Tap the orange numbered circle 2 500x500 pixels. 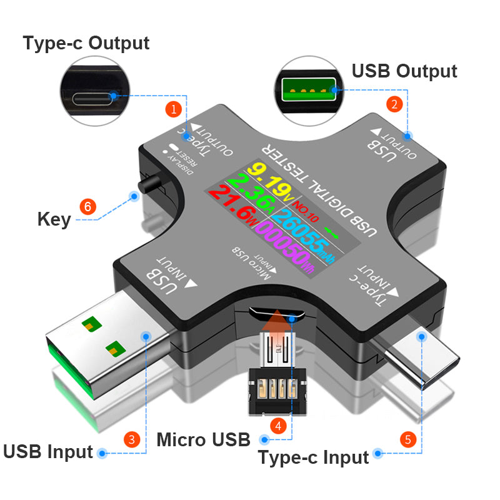(393, 104)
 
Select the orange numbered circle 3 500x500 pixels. (131, 439)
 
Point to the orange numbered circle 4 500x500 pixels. (278, 425)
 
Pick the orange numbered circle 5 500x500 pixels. (408, 440)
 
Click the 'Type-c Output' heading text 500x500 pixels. (86, 43)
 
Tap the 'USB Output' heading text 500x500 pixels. (404, 71)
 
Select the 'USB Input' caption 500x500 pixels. (48, 451)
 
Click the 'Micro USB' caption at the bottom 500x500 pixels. (203, 439)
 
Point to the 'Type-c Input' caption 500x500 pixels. (313, 457)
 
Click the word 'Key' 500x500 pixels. (54, 219)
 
